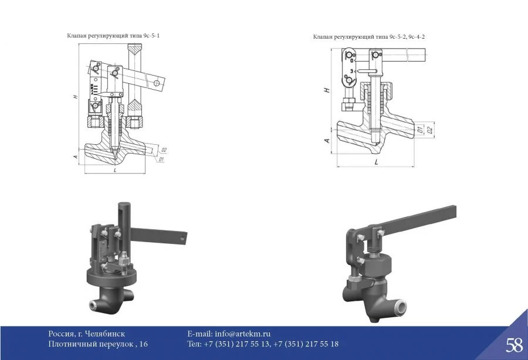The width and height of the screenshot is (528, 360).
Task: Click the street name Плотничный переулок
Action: point(92,344)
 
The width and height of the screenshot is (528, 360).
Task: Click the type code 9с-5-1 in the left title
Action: point(150,36)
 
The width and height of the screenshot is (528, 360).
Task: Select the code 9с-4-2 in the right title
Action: point(414,38)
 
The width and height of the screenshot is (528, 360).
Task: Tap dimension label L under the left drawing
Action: point(114,170)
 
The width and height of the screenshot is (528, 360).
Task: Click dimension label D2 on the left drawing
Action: point(164,150)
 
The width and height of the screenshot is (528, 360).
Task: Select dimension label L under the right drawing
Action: point(375,160)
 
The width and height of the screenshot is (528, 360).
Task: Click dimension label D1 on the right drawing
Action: point(420,129)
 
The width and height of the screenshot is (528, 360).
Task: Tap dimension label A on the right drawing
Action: point(327,140)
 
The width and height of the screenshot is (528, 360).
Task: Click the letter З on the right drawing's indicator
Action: point(351,70)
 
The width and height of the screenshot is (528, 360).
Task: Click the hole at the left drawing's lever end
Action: point(157,84)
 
